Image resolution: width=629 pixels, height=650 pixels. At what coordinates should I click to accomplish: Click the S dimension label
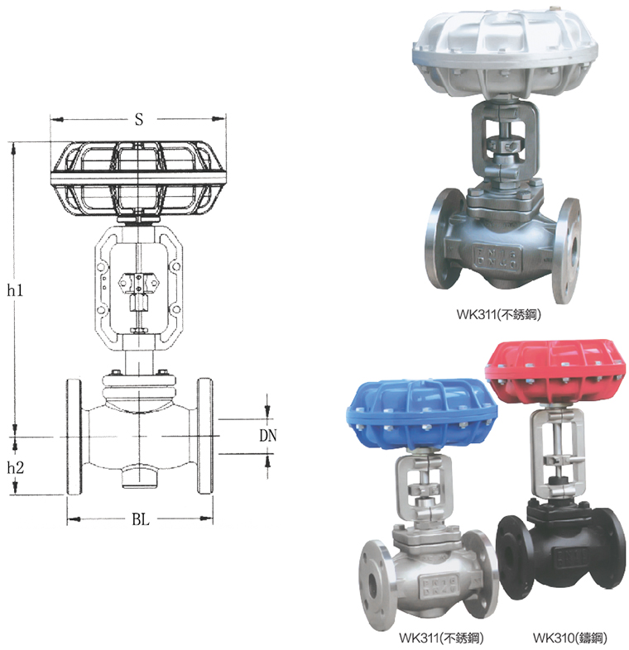[139, 119]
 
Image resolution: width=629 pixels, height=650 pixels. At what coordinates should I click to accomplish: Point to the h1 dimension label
[15, 290]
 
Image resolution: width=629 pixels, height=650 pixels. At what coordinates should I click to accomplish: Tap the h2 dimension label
[16, 467]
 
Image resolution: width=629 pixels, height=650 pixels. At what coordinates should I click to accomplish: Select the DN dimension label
[267, 435]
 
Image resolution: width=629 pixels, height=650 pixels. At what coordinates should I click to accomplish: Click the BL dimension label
[141, 519]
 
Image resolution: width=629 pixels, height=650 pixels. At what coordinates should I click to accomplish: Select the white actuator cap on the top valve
[505, 53]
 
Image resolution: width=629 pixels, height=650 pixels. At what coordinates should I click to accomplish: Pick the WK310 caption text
[569, 637]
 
